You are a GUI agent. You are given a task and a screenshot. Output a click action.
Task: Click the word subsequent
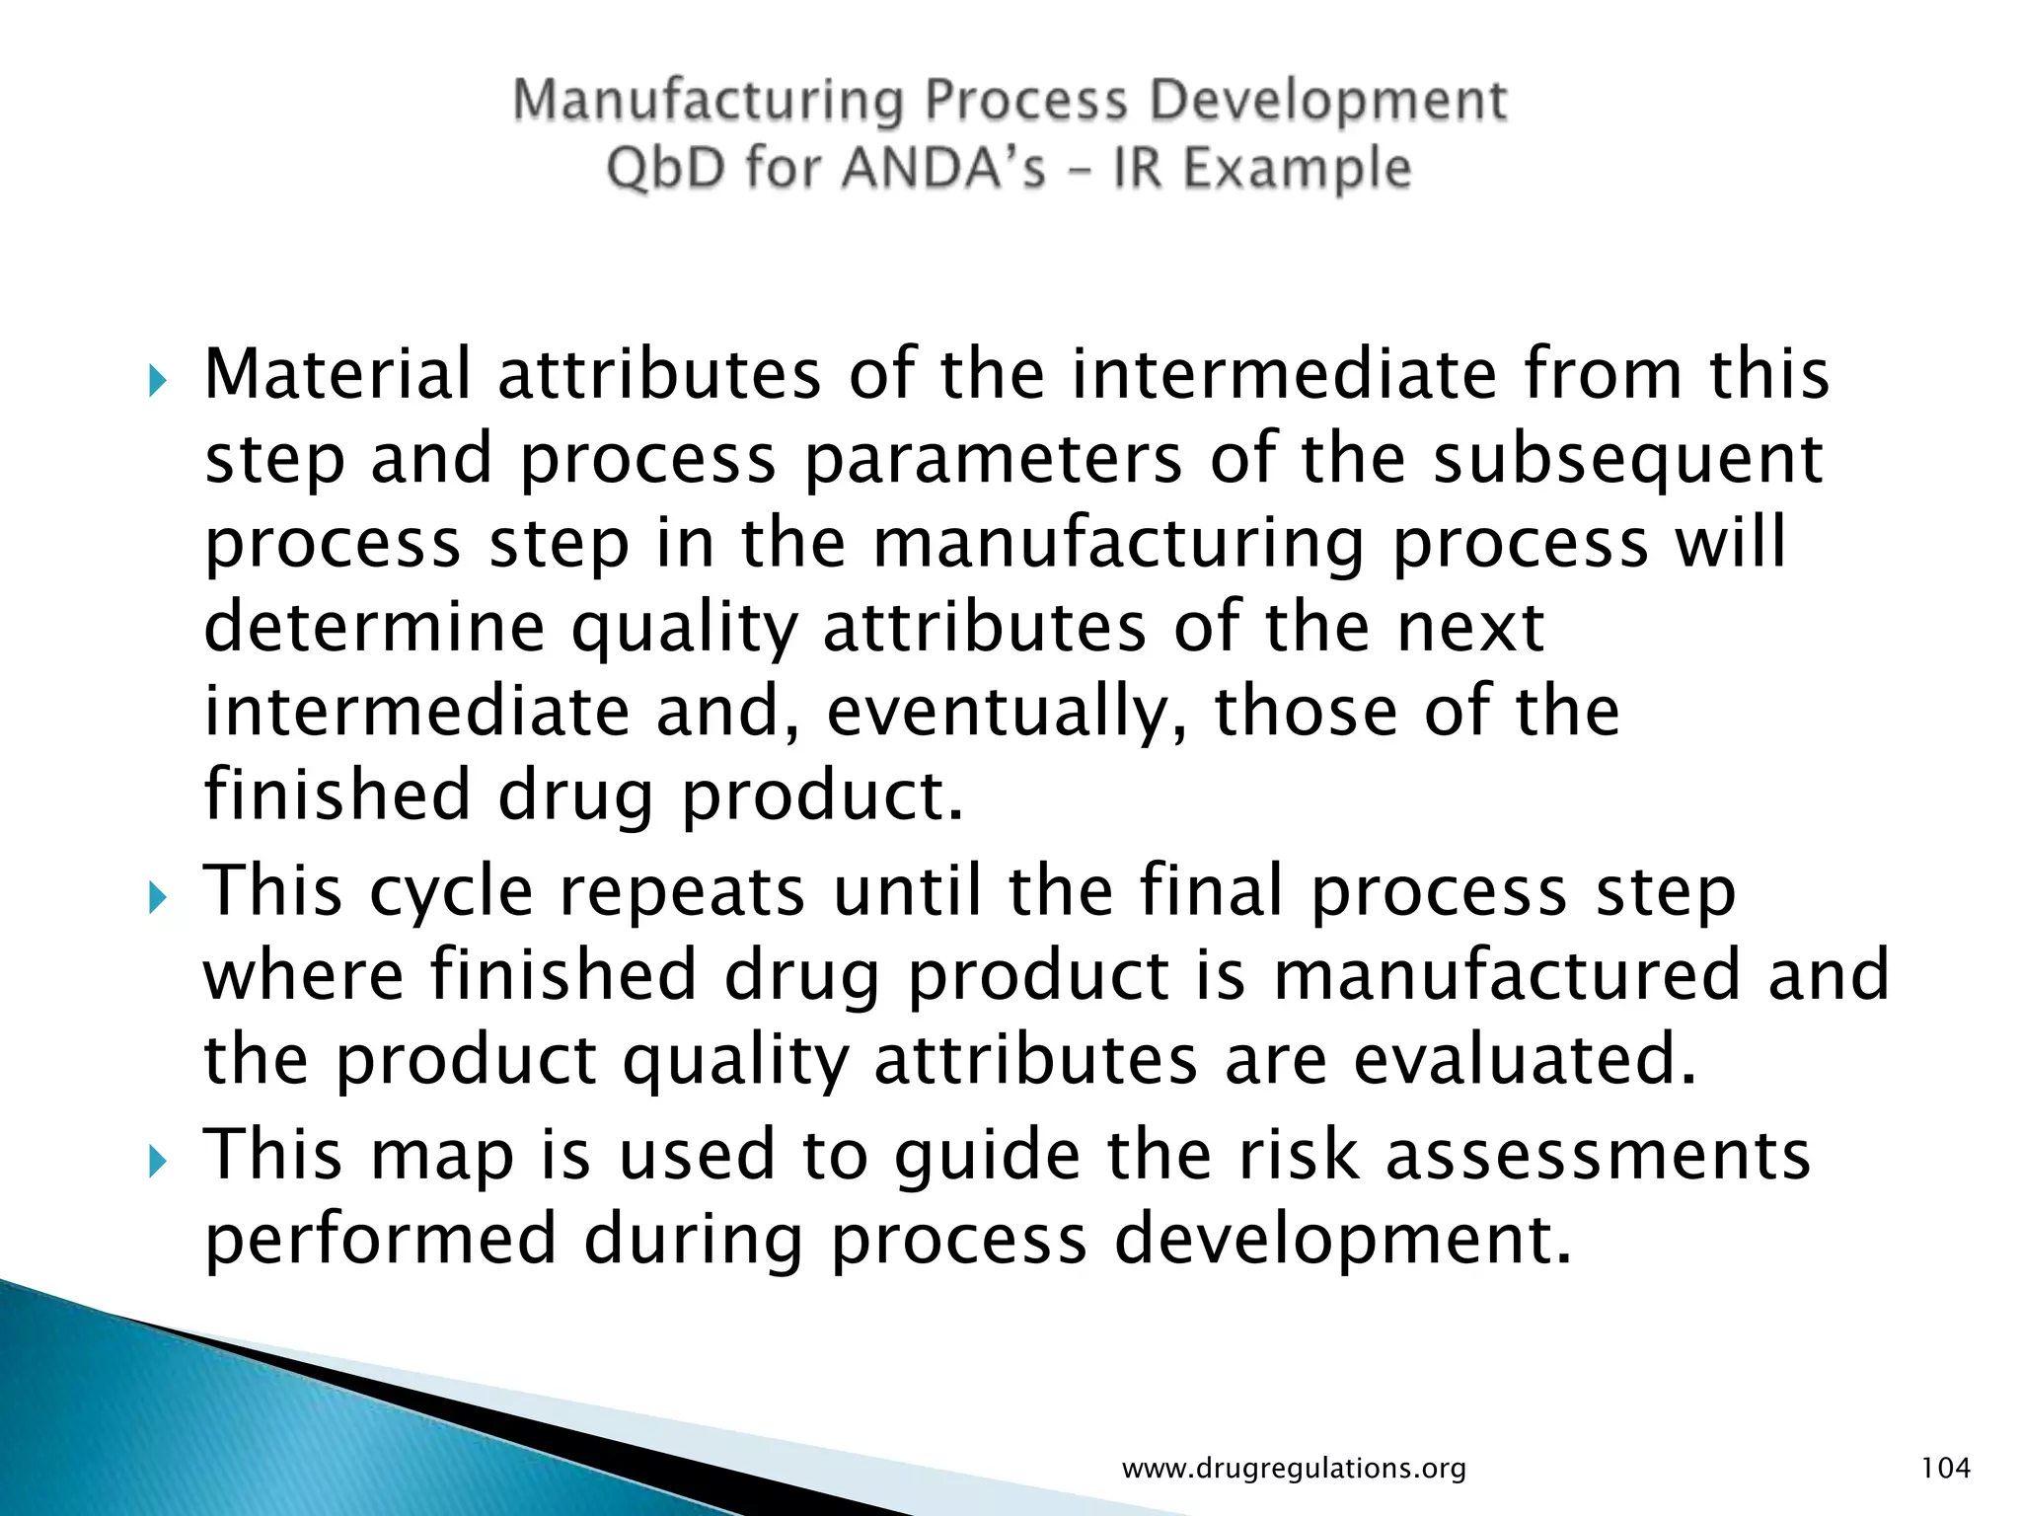[1628, 459]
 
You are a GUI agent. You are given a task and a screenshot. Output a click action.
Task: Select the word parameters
[994, 459]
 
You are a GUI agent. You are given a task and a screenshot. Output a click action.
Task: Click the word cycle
[451, 891]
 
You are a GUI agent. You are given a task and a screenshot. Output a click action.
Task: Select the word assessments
[1598, 1155]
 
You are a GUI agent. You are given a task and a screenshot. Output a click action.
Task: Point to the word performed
[381, 1240]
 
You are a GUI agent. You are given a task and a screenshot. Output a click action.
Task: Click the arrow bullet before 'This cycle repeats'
[158, 898]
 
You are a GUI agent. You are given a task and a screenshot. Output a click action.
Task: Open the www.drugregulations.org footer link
[1294, 1469]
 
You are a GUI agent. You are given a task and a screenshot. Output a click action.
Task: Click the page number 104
[1945, 1468]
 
